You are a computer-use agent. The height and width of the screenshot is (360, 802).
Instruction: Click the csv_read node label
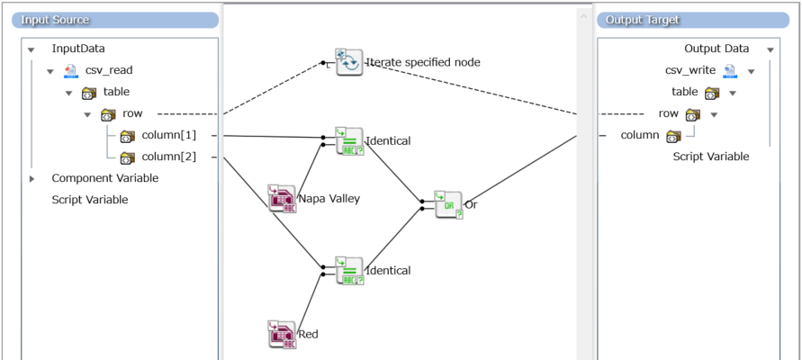tap(109, 70)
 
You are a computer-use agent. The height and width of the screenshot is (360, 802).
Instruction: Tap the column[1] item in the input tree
tap(169, 136)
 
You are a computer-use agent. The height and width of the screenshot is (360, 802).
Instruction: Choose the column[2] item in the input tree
tap(169, 157)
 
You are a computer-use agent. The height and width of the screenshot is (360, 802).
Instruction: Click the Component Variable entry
tap(104, 178)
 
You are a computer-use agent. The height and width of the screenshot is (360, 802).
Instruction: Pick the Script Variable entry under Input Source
tap(89, 200)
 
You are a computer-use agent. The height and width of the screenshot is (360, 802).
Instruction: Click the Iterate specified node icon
tap(348, 62)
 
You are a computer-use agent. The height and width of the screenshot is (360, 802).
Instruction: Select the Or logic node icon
tap(447, 204)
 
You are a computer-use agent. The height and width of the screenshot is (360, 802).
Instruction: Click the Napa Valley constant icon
tap(282, 198)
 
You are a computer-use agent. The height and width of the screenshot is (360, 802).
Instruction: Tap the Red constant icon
tap(282, 334)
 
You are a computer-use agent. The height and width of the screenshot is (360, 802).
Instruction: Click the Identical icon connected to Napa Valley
tap(348, 141)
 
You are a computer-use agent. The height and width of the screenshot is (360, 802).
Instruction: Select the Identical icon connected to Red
tap(348, 271)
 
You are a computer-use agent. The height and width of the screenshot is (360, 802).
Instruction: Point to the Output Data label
tap(716, 49)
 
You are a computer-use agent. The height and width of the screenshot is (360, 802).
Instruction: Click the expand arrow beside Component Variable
tap(32, 178)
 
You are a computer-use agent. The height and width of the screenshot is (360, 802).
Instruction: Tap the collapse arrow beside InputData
tap(32, 49)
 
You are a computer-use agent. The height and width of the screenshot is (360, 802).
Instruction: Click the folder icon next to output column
tap(673, 136)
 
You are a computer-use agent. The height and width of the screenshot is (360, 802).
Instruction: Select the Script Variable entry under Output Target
tap(710, 157)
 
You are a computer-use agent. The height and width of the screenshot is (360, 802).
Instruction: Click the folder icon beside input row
tap(108, 114)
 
